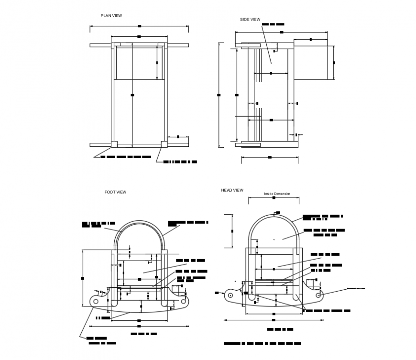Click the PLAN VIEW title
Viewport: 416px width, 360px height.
pyautogui.click(x=111, y=16)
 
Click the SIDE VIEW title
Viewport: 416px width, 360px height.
pyautogui.click(x=250, y=20)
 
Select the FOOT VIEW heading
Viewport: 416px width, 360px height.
pyautogui.click(x=115, y=192)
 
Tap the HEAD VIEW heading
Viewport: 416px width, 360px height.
pyautogui.click(x=232, y=190)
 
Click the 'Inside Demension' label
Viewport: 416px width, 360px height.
pyautogui.click(x=277, y=194)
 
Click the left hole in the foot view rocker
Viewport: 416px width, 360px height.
pyautogui.click(x=96, y=301)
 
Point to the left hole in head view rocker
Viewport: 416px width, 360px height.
pyautogui.click(x=230, y=295)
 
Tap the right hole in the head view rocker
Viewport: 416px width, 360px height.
pyautogui.click(x=318, y=295)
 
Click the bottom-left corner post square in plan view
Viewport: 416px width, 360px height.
pyautogui.click(x=115, y=143)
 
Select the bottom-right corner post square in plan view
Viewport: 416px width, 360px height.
pyautogui.click(x=164, y=143)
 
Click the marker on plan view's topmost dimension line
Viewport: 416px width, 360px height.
pyautogui.click(x=139, y=25)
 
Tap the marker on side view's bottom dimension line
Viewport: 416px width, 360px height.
pyautogui.click(x=270, y=157)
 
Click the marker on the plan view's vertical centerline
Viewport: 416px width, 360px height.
pyautogui.click(x=132, y=95)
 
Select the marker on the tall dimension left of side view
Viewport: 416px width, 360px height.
pyautogui.click(x=219, y=95)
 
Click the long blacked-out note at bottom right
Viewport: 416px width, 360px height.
pyautogui.click(x=263, y=344)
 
